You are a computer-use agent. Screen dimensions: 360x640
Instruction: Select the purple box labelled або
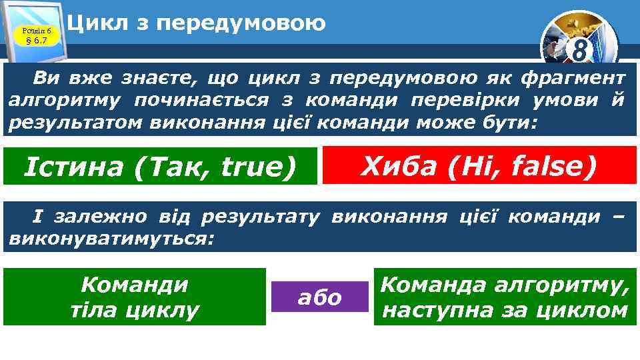320,297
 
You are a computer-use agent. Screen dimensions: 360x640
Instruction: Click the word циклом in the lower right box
583,310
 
